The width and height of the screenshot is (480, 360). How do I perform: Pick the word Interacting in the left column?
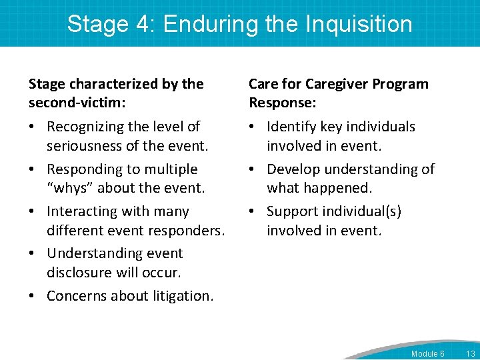pyautogui.click(x=84, y=211)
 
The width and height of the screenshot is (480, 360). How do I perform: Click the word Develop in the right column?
pyautogui.click(x=293, y=169)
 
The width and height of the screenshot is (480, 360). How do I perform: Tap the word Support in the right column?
pyautogui.click(x=292, y=211)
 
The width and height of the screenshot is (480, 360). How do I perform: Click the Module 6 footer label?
pyautogui.click(x=427, y=353)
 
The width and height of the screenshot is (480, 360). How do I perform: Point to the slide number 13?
pyautogui.click(x=470, y=353)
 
